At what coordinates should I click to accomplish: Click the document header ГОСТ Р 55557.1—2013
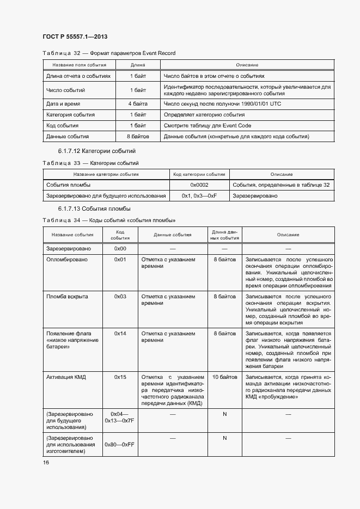point(75,36)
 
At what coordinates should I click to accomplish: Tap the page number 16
point(46,462)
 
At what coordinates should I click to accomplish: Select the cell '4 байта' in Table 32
point(138,103)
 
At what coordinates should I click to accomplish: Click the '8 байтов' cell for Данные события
point(138,137)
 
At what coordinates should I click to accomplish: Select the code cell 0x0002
point(199,185)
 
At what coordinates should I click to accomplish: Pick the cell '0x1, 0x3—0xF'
point(199,196)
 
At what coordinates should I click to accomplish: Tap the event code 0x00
point(120,248)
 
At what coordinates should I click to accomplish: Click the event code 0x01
point(120,260)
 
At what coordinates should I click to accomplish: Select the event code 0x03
point(120,297)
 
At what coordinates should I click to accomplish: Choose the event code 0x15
point(120,377)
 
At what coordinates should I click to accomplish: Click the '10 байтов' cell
point(224,377)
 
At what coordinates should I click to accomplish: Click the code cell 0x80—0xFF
point(120,445)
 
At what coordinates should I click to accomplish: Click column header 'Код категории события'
point(199,174)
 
